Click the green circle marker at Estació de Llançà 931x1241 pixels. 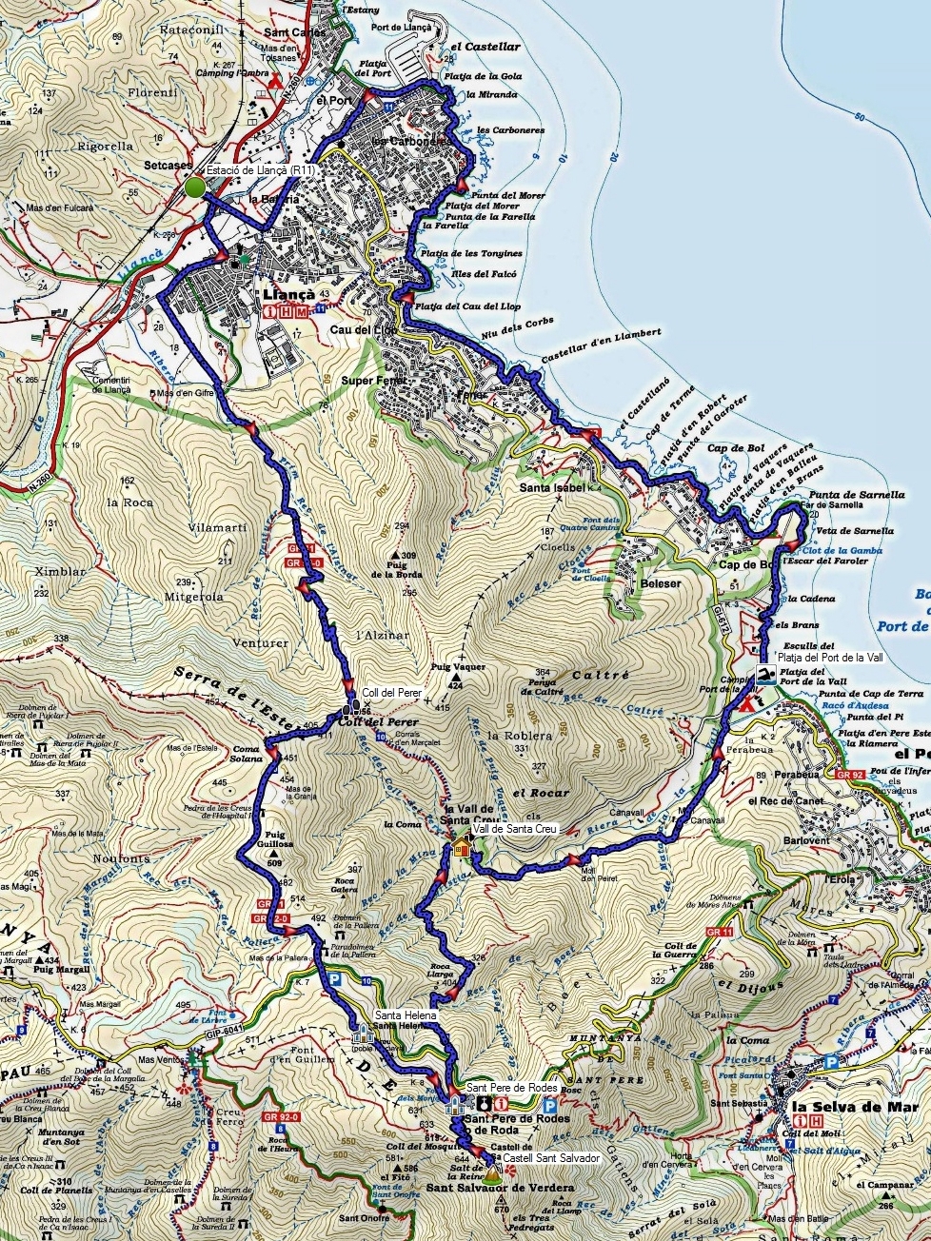(195, 187)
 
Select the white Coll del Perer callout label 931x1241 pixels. (391, 693)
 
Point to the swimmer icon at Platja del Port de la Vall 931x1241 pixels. (764, 675)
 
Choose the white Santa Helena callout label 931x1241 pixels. (406, 1016)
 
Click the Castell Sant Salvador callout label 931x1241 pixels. (552, 1158)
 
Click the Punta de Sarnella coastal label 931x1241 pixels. (857, 495)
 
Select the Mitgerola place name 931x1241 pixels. (193, 597)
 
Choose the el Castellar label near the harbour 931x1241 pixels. (485, 46)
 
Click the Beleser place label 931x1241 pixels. (661, 583)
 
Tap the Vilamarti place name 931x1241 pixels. (217, 527)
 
